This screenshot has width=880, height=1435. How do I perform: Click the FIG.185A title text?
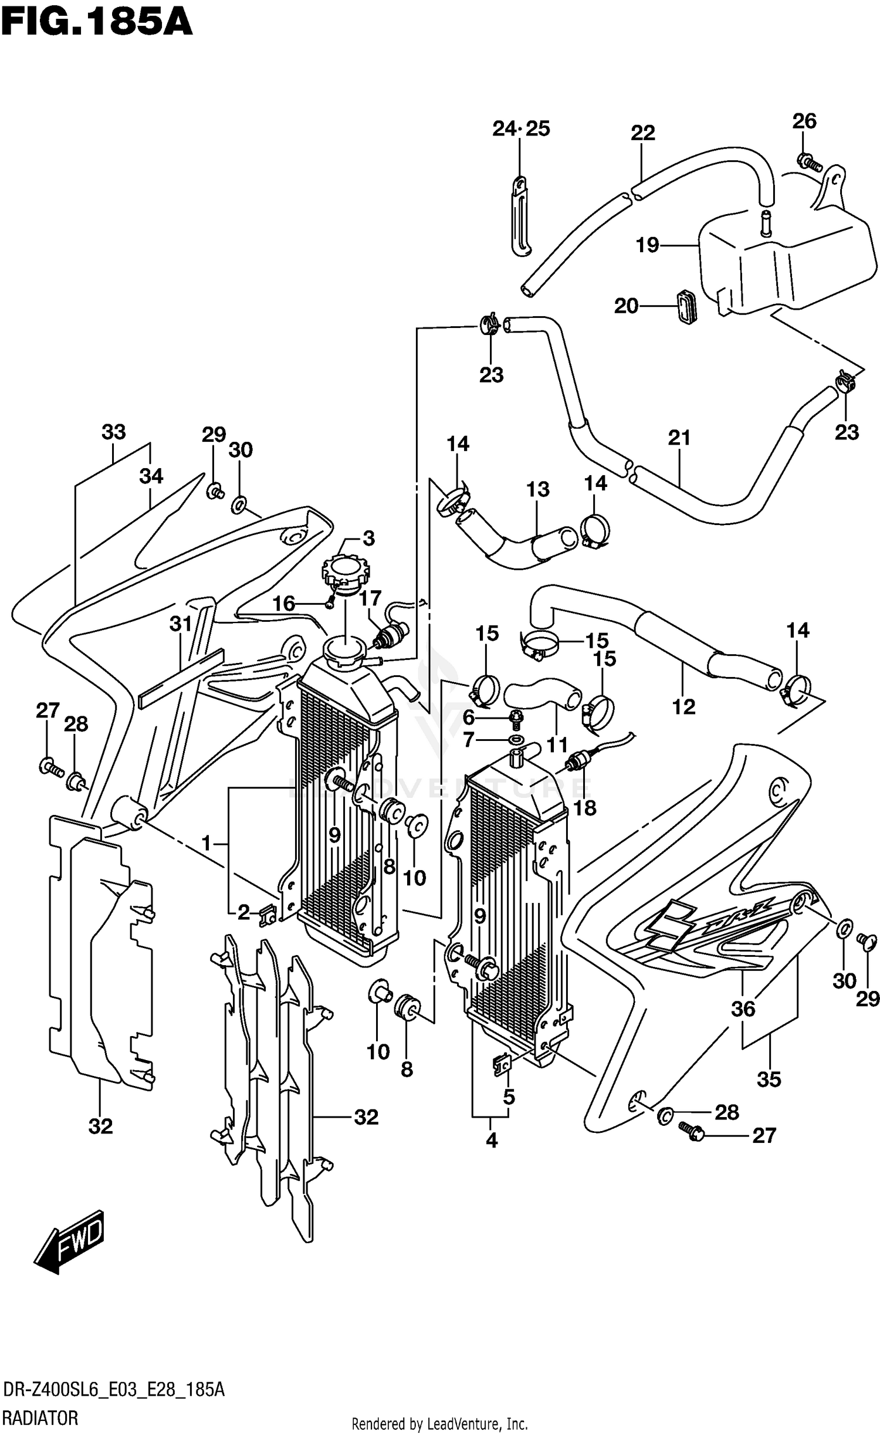(97, 23)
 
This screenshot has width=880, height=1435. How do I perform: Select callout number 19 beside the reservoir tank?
(648, 245)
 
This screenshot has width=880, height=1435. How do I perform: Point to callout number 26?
(804, 121)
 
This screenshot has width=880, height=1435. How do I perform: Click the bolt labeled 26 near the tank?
(808, 160)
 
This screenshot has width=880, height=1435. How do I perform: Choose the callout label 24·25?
(521, 128)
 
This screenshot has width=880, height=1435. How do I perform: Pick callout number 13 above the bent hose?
(538, 489)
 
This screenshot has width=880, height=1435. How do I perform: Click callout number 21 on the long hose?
(679, 437)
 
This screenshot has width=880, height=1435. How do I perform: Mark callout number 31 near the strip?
(181, 623)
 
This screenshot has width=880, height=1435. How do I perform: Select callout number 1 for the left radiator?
(206, 844)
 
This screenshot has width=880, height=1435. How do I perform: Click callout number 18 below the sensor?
(585, 808)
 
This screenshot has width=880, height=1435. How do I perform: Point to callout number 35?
(769, 1079)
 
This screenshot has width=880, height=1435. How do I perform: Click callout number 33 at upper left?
(114, 432)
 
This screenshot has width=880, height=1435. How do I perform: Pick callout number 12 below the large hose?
(683, 706)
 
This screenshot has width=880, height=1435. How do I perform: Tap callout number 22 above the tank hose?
(643, 133)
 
